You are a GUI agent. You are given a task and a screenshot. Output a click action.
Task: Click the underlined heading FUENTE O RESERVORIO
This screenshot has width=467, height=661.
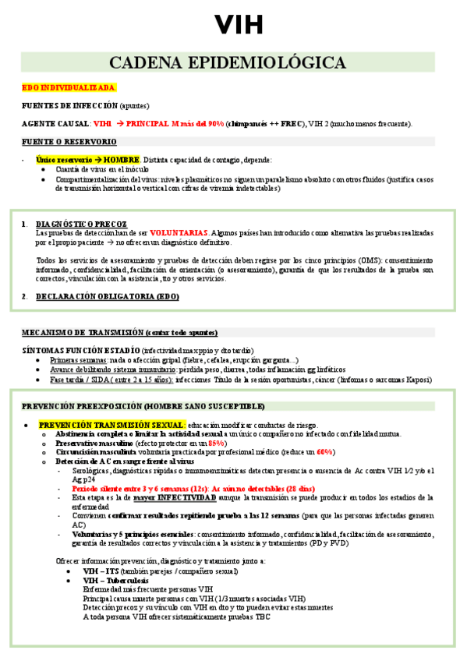pyautogui.click(x=69, y=141)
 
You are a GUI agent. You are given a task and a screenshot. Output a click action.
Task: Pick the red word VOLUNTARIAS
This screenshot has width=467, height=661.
pyautogui.click(x=179, y=232)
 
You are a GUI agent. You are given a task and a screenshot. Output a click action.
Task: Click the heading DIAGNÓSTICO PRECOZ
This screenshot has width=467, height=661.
pyautogui.click(x=82, y=224)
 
